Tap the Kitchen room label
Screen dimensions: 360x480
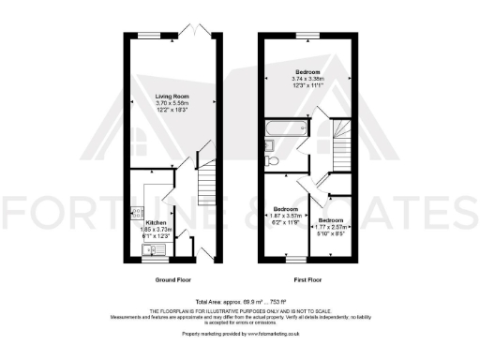click(156, 223)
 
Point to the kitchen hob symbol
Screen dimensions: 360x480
click(138, 212)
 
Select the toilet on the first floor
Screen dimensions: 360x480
click(271, 160)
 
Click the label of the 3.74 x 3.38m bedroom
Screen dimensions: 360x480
click(307, 72)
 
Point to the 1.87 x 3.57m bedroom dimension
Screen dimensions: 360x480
click(285, 217)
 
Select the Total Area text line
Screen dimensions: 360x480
click(239, 301)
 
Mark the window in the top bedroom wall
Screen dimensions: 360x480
click(307, 35)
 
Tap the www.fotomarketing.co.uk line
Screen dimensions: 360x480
click(239, 333)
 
